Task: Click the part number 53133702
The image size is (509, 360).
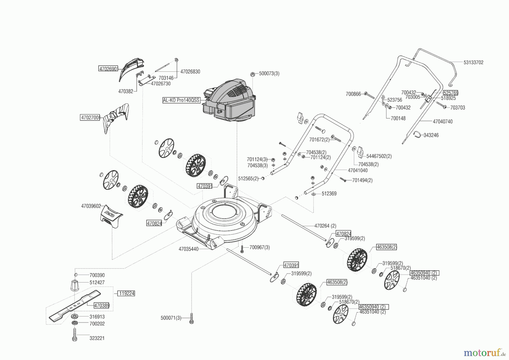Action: [x=473, y=63]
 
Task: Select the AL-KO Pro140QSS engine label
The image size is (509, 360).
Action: [x=181, y=100]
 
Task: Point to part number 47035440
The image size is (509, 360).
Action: [x=189, y=249]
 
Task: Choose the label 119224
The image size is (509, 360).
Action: [x=126, y=293]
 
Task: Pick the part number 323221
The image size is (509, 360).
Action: [x=97, y=338]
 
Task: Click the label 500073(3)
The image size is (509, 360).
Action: [x=269, y=74]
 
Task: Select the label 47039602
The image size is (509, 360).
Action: [x=91, y=206]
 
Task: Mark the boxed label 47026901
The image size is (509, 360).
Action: [x=108, y=69]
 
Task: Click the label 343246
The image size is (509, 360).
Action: [x=431, y=135]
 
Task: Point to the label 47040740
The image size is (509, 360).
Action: [x=443, y=122]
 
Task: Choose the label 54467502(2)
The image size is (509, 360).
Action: [x=379, y=156]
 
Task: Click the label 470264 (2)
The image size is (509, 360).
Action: [x=325, y=226]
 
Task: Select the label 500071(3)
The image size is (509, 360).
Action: [x=171, y=318]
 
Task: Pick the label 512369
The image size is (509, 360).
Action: [x=329, y=194]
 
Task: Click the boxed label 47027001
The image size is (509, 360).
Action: [x=90, y=117]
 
